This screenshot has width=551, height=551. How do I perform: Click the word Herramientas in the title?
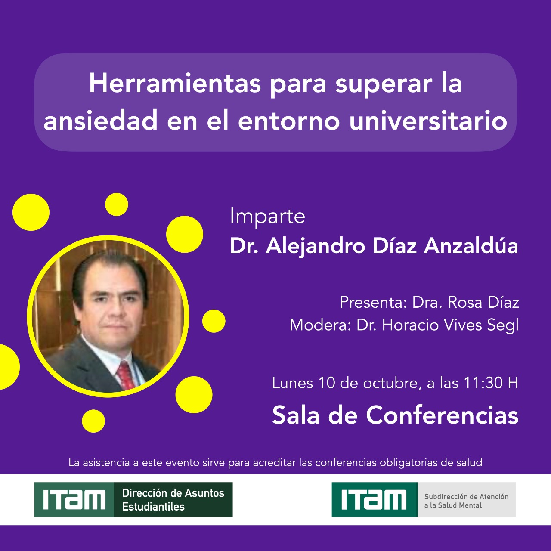tap(175, 84)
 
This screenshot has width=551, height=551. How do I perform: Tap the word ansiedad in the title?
tap(100, 121)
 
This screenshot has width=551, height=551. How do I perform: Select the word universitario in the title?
tap(428, 121)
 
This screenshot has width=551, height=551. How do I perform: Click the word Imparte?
tap(268, 217)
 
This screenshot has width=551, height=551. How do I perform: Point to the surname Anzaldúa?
tap(471, 246)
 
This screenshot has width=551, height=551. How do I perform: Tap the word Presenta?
tap(373, 303)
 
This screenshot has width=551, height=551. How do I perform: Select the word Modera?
tap(320, 325)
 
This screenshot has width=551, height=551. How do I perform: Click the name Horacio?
tap(410, 325)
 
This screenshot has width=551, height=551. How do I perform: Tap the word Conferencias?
tap(442, 415)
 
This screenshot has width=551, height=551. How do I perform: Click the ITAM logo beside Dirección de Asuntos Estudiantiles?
tap(74, 499)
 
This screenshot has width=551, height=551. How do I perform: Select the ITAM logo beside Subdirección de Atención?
tap(375, 499)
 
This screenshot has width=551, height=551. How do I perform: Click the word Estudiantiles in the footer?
tap(153, 507)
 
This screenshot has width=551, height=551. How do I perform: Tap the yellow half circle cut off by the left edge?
tap(9, 367)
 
